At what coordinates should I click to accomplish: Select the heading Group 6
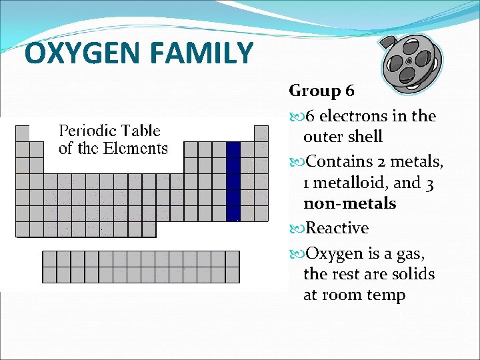point(322,90)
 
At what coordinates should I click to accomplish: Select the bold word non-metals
point(349,203)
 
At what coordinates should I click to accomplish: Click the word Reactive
point(337,228)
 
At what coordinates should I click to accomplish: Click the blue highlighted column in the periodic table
point(233,181)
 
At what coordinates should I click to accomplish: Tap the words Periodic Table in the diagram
point(110,131)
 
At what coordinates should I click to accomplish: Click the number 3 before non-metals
point(429,183)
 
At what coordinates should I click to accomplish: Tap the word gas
point(411,254)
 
